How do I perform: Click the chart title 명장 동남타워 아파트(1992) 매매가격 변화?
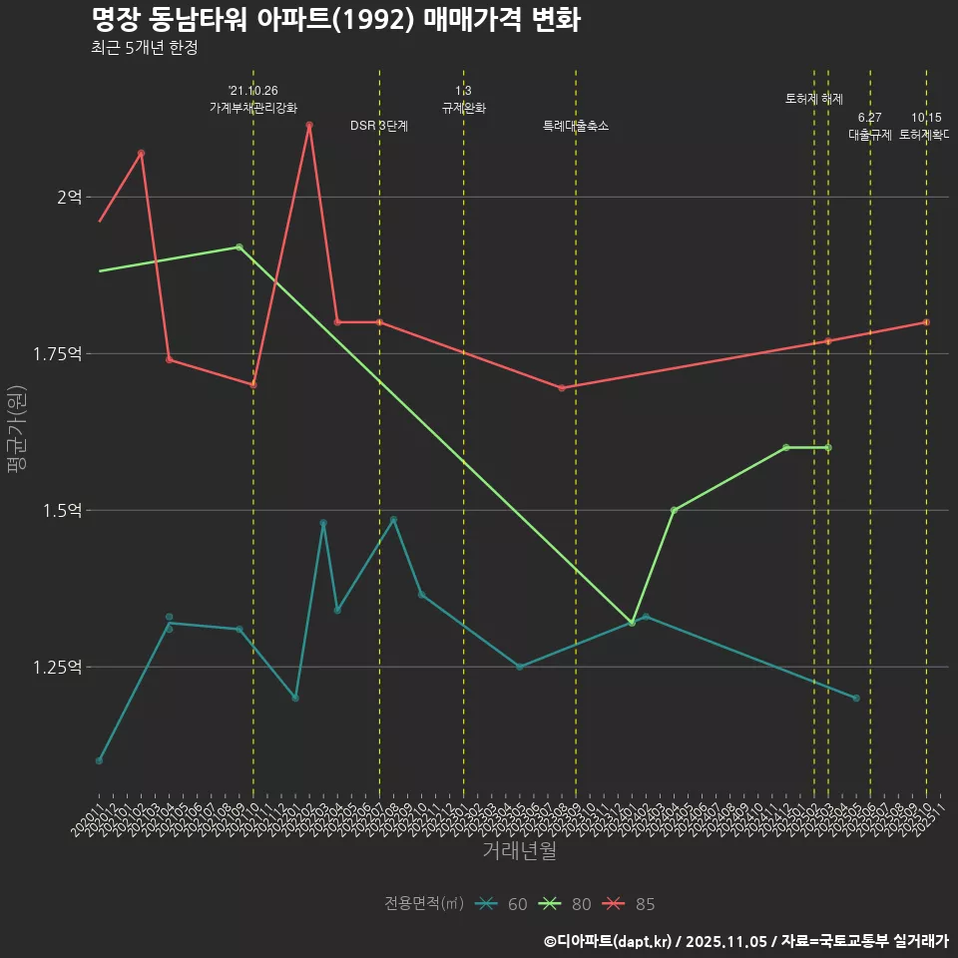pos(335,20)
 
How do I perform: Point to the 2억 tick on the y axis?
pos(69,197)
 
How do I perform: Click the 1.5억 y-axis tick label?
pos(63,510)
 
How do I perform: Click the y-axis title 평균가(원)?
pos(18,432)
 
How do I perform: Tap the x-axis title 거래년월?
pos(519,850)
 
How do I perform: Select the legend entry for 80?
pos(565,904)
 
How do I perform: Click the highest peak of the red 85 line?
pos(309,125)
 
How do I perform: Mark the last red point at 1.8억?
pos(926,322)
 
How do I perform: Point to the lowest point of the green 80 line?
pos(632,623)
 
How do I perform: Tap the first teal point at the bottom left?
pos(99,760)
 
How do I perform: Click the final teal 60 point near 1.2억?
pos(856,698)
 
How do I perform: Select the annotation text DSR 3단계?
pos(379,127)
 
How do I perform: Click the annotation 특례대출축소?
pos(576,127)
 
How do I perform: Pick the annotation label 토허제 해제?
pos(814,99)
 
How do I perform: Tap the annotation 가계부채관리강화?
pos(253,108)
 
